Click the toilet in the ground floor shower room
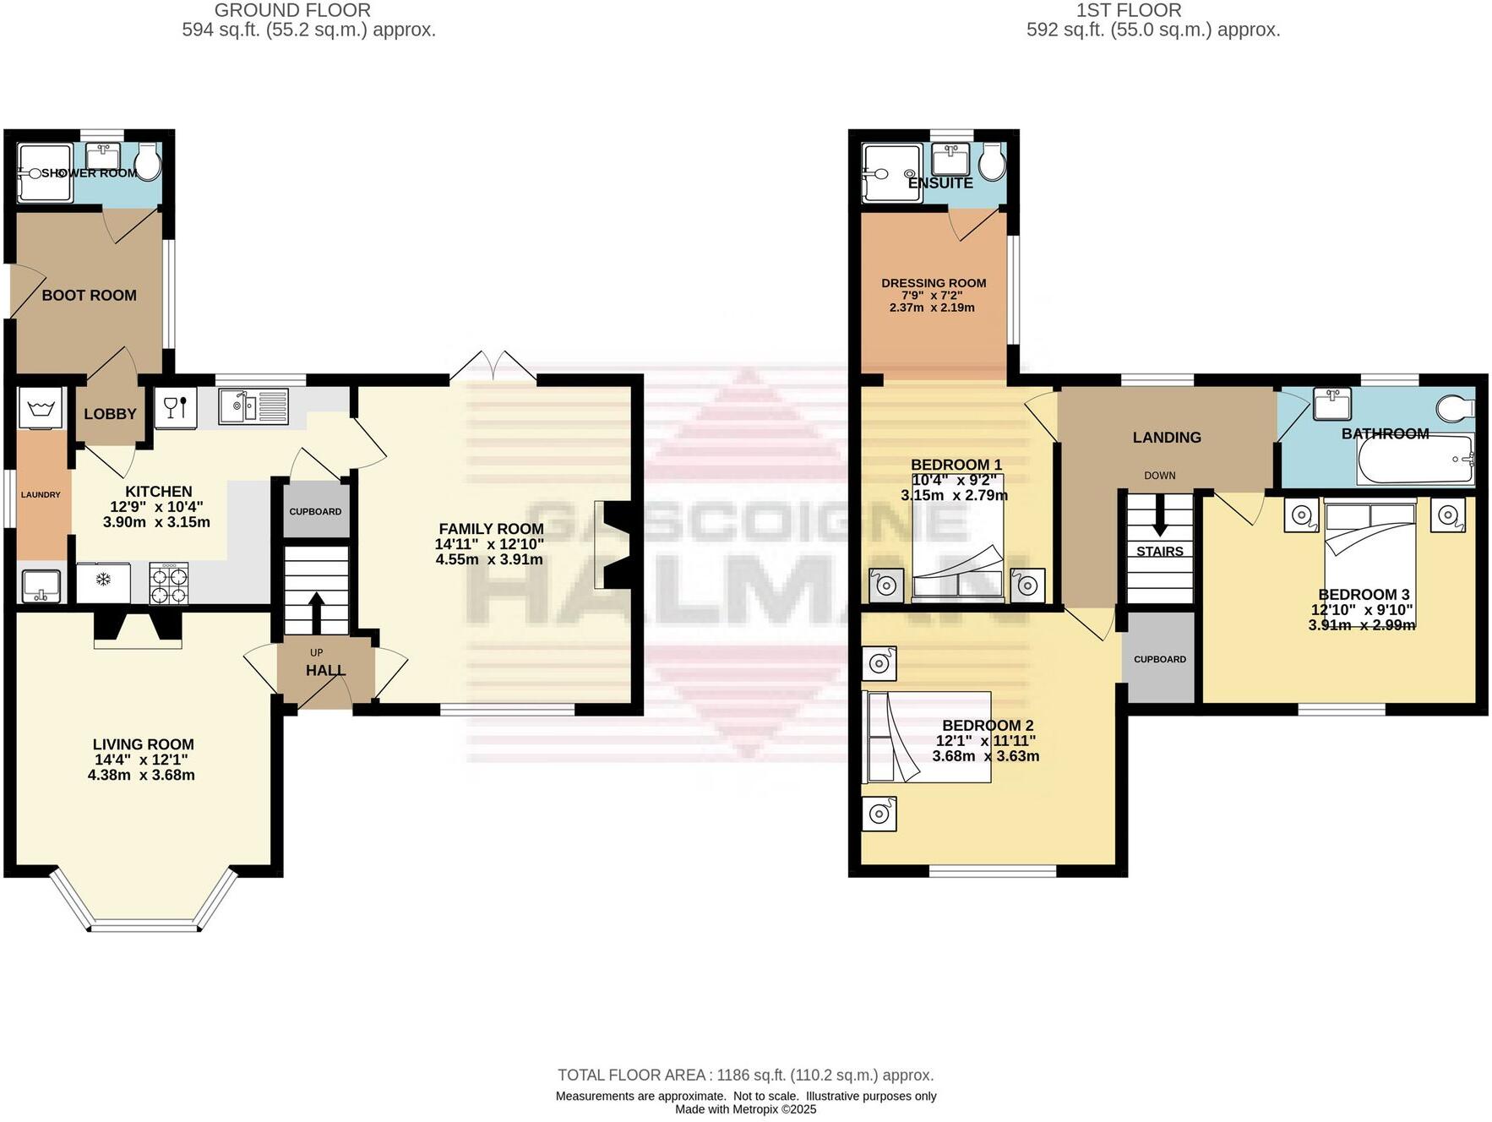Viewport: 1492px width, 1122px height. click(149, 161)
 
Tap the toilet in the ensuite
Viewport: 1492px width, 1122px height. click(994, 161)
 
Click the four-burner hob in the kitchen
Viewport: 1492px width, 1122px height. click(169, 584)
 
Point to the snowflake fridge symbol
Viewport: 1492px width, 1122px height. click(103, 580)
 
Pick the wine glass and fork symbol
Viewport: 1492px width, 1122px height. click(176, 407)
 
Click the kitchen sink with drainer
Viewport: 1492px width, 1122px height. click(253, 406)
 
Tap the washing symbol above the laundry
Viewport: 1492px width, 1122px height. click(41, 408)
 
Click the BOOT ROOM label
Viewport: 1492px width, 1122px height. click(90, 296)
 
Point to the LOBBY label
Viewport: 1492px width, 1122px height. click(110, 414)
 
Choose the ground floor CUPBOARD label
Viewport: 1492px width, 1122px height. click(315, 512)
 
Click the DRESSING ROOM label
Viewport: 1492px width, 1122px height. click(934, 284)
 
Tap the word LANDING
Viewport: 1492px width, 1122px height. click(1167, 438)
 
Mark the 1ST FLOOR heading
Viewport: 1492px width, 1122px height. click(1129, 10)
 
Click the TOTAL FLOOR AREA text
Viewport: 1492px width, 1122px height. click(746, 1076)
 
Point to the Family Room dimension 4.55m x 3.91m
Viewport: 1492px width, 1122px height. click(489, 559)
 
